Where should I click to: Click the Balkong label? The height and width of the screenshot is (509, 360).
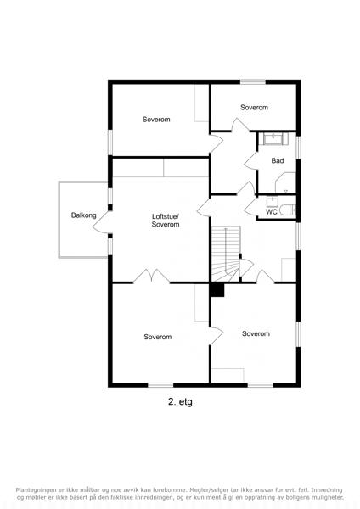(x=84, y=215)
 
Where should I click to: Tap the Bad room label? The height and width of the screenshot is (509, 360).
(x=278, y=160)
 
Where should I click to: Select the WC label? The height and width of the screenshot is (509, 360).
(x=272, y=212)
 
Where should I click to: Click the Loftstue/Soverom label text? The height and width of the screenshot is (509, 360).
(x=166, y=220)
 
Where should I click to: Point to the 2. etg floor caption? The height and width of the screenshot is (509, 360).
(x=180, y=401)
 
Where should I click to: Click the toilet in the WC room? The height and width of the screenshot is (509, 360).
(x=288, y=210)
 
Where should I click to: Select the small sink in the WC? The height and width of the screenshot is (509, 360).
(x=273, y=202)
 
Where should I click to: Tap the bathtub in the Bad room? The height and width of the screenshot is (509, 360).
(x=276, y=139)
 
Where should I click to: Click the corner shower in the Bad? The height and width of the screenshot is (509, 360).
(x=285, y=182)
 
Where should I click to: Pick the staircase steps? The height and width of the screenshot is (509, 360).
(x=226, y=254)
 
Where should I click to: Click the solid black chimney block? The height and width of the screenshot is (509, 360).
(x=217, y=290)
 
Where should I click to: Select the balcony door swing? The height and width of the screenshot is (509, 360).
(x=101, y=222)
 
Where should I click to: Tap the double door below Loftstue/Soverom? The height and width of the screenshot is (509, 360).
(x=151, y=276)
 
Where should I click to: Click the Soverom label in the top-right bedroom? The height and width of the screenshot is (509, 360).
(x=254, y=107)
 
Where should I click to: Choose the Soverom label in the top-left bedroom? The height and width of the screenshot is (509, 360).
(x=156, y=119)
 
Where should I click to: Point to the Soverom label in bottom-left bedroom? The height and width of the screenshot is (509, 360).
(x=158, y=337)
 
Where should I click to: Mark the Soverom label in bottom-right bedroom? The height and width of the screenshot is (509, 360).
(x=256, y=333)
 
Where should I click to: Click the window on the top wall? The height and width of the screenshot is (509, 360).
(x=253, y=81)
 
